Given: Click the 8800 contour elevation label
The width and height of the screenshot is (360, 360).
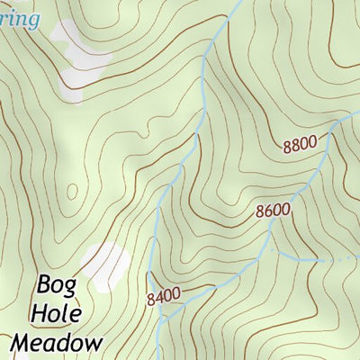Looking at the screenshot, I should click(299, 142).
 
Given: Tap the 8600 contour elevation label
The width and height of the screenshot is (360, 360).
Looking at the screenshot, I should click(273, 211).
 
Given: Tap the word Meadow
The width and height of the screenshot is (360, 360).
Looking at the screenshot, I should click(56, 342).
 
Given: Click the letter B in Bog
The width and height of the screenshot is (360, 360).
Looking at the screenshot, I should click(45, 286).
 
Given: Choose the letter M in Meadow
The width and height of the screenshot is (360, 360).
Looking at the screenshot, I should click(22, 342).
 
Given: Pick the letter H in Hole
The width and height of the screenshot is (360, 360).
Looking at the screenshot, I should click(39, 315).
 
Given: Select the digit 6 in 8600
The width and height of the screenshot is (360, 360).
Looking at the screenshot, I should click(268, 211).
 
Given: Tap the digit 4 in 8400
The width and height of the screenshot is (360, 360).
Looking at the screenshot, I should click(158, 293).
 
